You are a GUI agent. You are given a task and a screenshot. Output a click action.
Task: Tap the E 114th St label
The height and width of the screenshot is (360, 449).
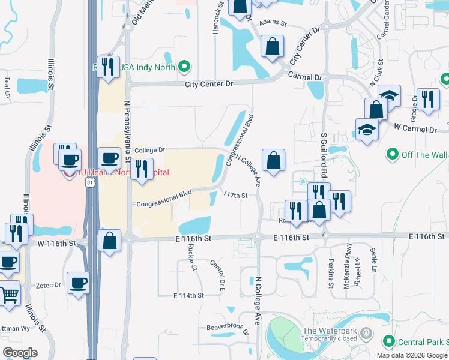(188, 295)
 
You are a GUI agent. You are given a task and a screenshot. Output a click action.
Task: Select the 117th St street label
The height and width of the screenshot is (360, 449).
(235, 195)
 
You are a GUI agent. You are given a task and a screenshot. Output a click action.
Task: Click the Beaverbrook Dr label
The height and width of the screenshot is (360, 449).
(228, 328)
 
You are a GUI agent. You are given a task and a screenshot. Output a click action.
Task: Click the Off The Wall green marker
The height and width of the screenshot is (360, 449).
(393, 155)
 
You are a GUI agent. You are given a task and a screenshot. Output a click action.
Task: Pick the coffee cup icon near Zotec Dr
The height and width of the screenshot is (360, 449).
(80, 283)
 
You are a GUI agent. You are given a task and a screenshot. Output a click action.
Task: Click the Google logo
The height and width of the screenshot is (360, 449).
(20, 353)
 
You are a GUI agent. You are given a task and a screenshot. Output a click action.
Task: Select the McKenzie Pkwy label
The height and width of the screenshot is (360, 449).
(346, 274)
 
